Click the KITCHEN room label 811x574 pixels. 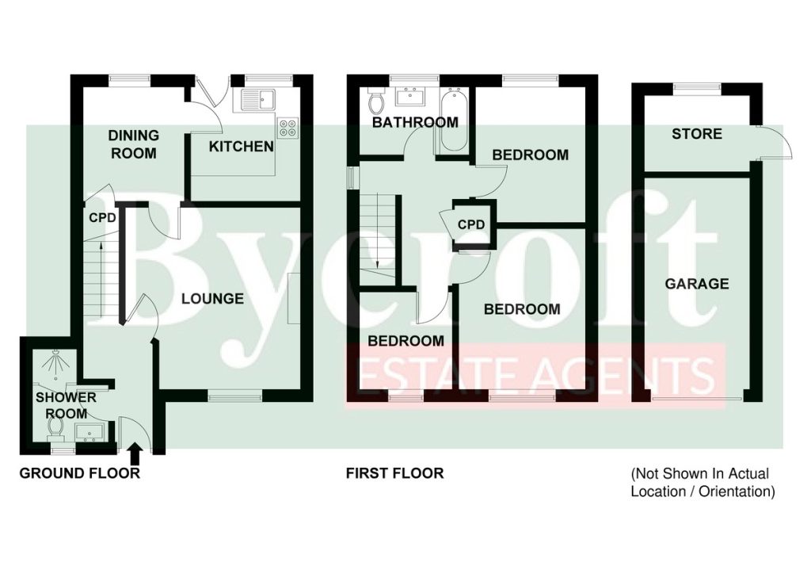(241, 147)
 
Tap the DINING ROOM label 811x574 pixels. (133, 144)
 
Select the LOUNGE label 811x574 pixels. (212, 299)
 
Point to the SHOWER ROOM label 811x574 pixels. (67, 405)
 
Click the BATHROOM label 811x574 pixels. (415, 122)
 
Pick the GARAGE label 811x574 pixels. (697, 284)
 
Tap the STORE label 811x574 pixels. (697, 134)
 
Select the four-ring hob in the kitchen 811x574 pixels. (288, 128)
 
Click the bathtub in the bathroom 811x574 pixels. (455, 120)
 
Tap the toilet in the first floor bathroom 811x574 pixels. (375, 101)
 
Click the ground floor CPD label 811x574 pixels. (102, 218)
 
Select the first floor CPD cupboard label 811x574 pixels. (471, 224)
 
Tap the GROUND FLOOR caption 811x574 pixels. (80, 473)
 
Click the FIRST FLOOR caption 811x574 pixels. (394, 473)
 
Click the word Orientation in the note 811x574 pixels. (737, 492)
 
